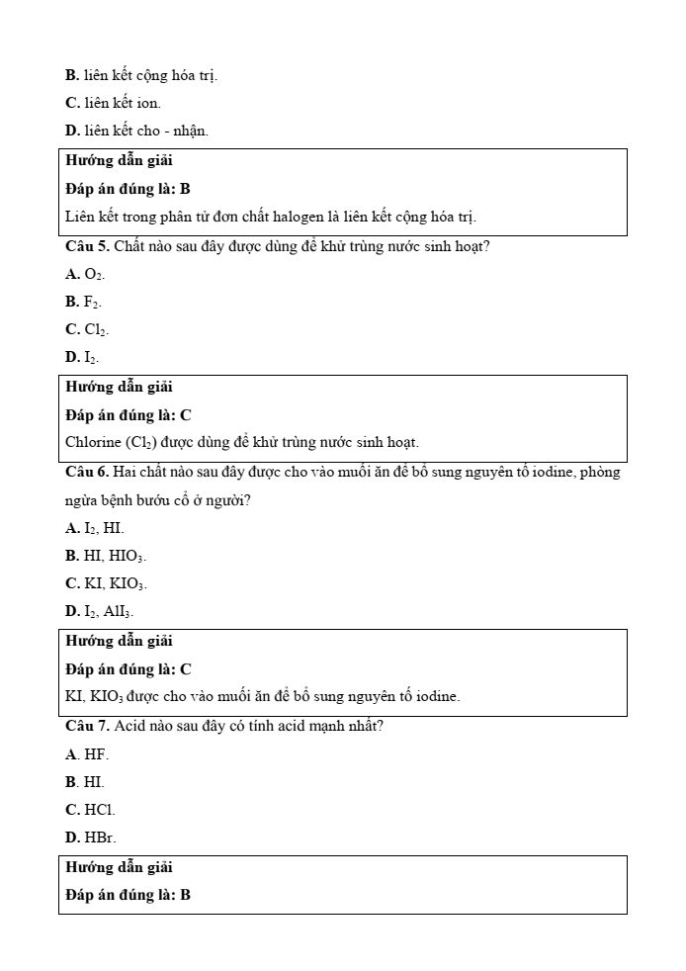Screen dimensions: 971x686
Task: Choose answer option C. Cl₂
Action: pos(87,329)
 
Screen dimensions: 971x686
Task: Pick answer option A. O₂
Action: pos(85,274)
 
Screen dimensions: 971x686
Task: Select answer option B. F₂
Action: pos(84,302)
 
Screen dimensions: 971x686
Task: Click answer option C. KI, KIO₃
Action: pos(106,583)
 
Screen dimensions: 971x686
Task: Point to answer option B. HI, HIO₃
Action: pos(106,556)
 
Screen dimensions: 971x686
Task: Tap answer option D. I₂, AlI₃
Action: pos(100,611)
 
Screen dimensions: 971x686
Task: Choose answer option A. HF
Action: pos(87,754)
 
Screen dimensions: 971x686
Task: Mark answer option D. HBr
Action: pos(90,838)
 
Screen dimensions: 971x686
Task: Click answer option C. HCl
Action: pos(90,810)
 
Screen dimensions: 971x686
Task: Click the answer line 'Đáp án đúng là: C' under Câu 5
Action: pos(129,415)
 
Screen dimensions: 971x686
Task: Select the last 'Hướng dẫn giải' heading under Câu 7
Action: pos(119,867)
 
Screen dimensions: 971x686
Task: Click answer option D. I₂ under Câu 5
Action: pos(82,357)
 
